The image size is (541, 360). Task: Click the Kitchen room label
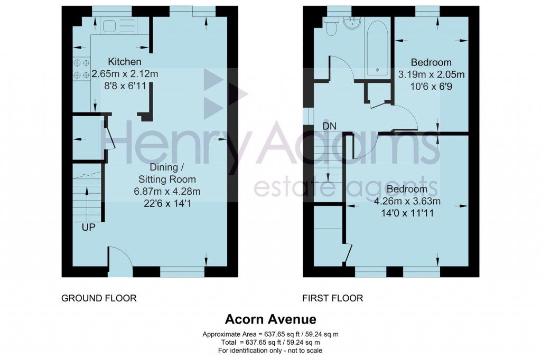(125, 62)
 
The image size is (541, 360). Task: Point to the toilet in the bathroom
(331, 27)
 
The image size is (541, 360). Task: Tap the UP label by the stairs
(88, 228)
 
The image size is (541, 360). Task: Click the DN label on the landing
(330, 126)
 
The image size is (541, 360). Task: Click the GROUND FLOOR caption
(99, 298)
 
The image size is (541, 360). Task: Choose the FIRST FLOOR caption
(333, 298)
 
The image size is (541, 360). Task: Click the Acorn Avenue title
(270, 319)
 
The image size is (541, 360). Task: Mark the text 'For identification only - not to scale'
(270, 350)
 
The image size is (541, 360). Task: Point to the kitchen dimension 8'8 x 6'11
(125, 84)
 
